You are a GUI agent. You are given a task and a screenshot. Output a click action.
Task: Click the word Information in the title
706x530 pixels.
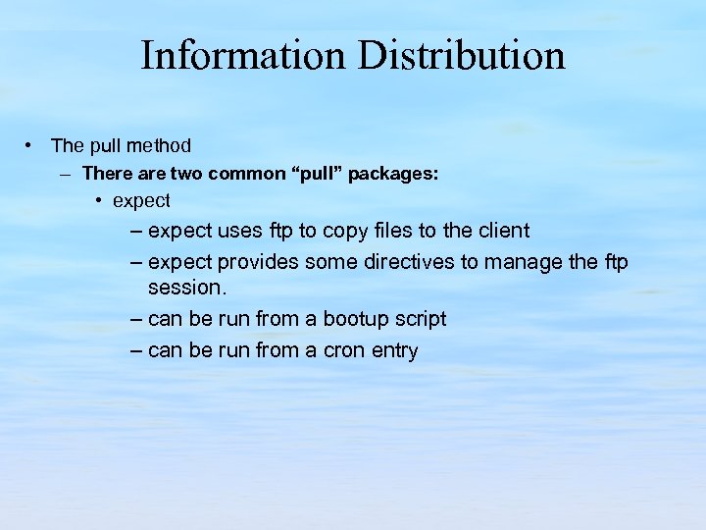(x=242, y=56)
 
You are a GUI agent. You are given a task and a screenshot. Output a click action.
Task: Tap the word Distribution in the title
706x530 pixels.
(x=461, y=56)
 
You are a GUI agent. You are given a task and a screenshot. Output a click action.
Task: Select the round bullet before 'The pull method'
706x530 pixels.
(x=31, y=146)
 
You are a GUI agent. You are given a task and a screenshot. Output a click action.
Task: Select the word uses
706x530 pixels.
(x=238, y=232)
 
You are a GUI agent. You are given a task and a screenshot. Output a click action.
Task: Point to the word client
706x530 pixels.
(x=501, y=231)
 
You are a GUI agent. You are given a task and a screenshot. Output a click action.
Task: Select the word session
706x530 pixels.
(x=187, y=289)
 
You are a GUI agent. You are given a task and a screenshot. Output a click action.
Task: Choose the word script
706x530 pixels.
(x=421, y=320)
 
